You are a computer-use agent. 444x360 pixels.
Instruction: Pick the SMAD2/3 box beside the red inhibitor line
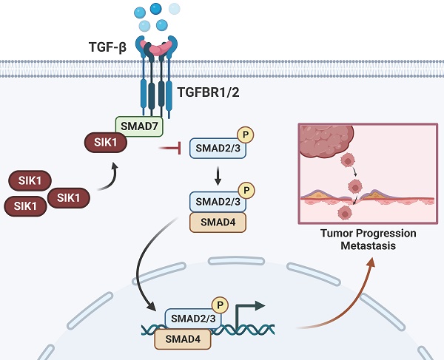tap(215, 149)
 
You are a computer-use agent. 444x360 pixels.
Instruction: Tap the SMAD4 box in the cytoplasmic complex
tap(219, 221)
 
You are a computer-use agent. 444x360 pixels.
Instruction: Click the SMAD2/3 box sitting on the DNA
tap(192, 319)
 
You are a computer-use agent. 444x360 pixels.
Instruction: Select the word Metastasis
tap(368, 246)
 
